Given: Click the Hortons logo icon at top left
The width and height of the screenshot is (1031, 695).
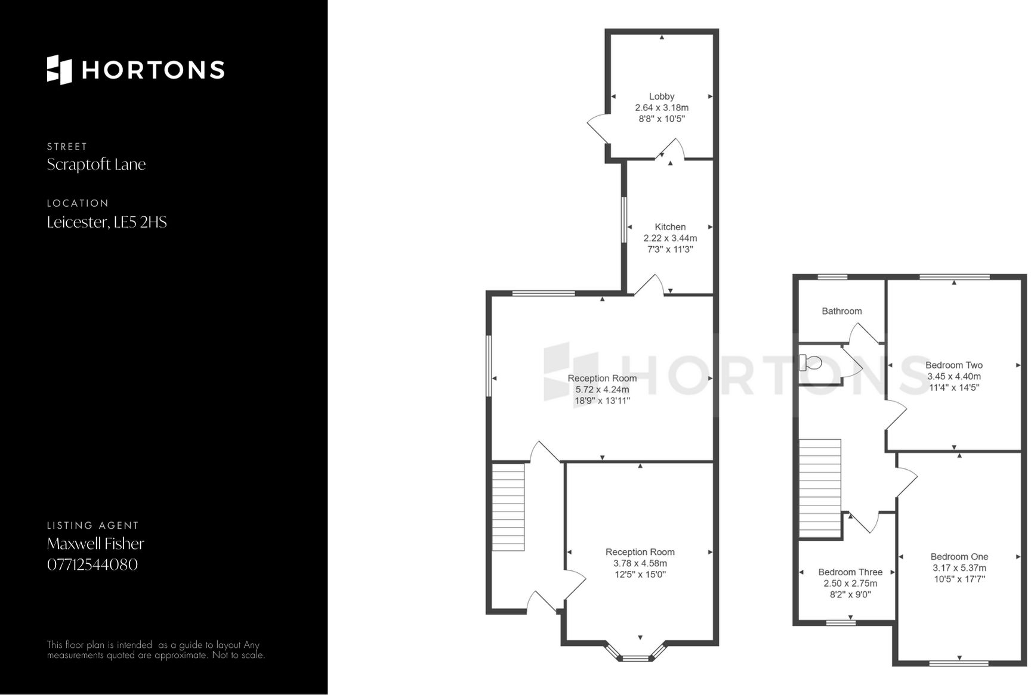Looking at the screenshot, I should tap(59, 70).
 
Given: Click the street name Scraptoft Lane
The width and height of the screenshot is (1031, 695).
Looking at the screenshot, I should tap(96, 165).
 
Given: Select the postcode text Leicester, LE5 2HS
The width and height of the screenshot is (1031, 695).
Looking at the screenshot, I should tap(107, 222).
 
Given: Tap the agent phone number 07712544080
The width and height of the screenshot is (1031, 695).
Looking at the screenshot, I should tap(92, 564).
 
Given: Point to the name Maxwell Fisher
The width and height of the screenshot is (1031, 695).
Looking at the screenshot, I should tap(95, 544).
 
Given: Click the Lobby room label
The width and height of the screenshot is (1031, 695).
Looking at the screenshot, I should tap(662, 97).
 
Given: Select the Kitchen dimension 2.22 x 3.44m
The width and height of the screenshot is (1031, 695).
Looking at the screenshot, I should tap(670, 238).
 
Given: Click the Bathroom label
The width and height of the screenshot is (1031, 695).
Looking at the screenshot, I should tap(841, 311).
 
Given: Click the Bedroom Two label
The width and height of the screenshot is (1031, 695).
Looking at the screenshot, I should tap(953, 365).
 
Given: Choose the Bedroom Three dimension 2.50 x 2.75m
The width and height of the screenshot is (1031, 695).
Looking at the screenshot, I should tap(850, 584).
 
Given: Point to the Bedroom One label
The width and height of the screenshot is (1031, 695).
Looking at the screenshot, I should tap(959, 557).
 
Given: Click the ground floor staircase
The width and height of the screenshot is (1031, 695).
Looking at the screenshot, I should tap(508, 507).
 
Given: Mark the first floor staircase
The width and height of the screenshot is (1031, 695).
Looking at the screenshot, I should tap(820, 489).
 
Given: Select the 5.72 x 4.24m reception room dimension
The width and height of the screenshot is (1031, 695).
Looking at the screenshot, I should tap(602, 390).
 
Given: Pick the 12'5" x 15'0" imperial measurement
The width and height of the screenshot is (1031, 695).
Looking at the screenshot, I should tap(640, 575).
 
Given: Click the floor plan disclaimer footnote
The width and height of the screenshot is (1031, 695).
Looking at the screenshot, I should tap(156, 650).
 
